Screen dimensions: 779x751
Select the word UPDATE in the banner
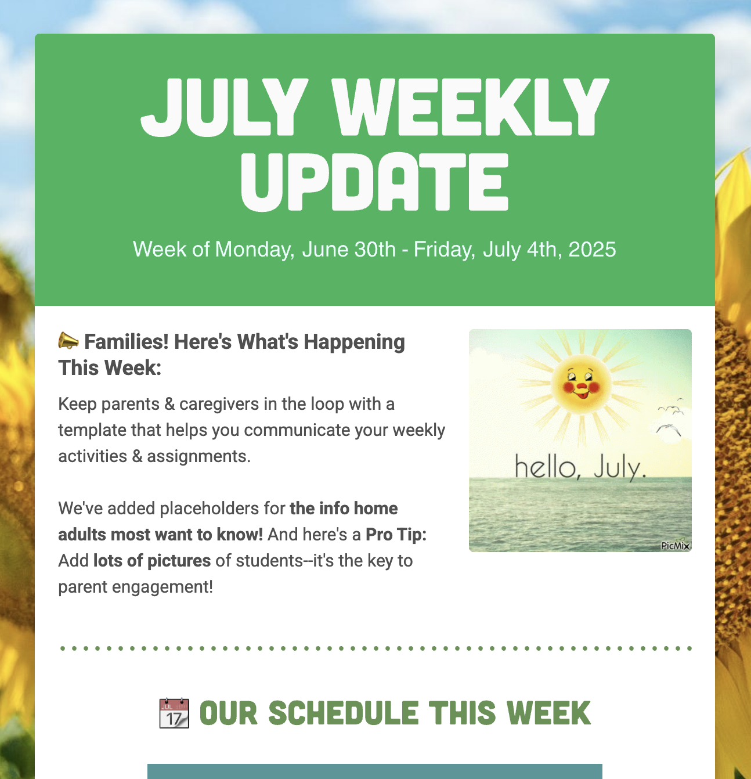click(x=375, y=182)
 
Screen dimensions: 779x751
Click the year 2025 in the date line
click(x=592, y=250)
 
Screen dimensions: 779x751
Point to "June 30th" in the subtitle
click(x=349, y=250)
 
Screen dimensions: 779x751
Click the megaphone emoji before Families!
click(x=68, y=341)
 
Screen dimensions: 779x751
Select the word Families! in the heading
click(x=126, y=342)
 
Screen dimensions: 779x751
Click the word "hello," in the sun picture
click(x=547, y=468)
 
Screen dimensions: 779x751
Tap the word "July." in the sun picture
click(x=620, y=468)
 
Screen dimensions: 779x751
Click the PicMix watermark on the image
click(x=675, y=545)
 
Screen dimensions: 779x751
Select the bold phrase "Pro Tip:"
click(x=396, y=535)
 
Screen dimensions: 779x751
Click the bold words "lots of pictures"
click(x=152, y=561)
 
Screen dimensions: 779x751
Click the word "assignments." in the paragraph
click(x=198, y=456)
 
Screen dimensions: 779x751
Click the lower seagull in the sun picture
click(x=668, y=430)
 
